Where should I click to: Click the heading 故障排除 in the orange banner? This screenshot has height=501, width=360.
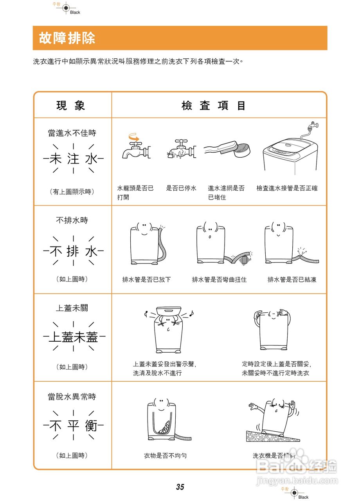point(67,38)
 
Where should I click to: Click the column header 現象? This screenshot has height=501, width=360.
point(71,105)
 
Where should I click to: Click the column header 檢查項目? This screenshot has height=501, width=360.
point(214,106)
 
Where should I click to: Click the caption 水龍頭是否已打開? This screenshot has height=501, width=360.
point(135,193)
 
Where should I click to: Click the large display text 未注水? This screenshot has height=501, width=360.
point(73,159)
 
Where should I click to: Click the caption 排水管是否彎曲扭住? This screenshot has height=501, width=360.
point(219,279)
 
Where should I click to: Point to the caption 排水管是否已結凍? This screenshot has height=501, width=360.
point(292,279)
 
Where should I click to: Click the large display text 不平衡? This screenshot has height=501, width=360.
point(73,426)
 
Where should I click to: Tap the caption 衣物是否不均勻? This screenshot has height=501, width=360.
point(165,456)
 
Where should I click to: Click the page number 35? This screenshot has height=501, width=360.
point(180,487)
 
